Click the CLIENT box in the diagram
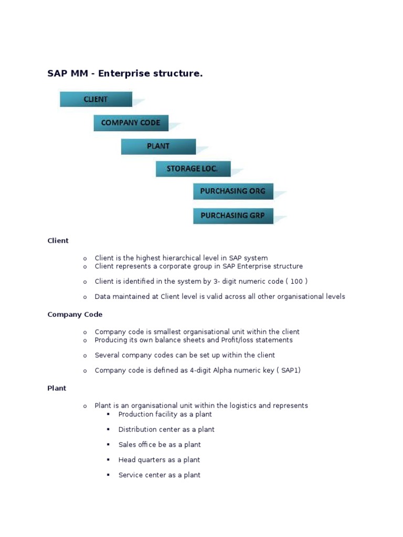96,99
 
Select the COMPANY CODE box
131,123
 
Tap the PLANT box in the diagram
158,146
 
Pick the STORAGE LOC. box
191,169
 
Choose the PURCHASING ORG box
232,191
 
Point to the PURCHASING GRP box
232,216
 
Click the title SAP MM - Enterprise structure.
125,74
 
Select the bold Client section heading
58,241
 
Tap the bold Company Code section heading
75,315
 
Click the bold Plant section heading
57,389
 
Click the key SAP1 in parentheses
290,370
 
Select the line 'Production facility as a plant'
165,414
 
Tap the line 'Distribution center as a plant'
166,429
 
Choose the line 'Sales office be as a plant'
160,445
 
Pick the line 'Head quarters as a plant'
159,460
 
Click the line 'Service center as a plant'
159,475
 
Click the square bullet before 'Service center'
108,475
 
